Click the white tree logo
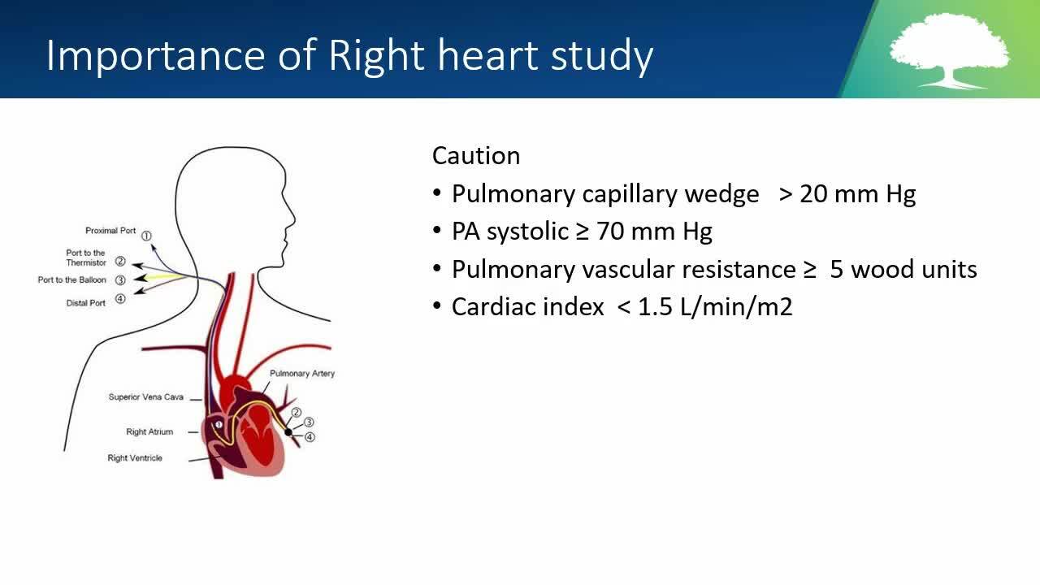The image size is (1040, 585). pos(950,51)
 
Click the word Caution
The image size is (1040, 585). pos(476,155)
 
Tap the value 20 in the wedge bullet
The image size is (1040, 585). pos(813,193)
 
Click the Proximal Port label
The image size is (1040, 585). pos(110,231)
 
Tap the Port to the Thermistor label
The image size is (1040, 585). pos(86,258)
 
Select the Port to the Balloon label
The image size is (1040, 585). pos(72,280)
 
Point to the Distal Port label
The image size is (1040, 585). pos(86,303)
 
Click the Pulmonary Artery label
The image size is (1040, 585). pos(302,374)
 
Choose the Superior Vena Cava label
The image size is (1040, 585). pos(145,397)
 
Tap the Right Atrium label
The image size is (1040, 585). pos(149,431)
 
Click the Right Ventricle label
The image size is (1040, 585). pos(135,458)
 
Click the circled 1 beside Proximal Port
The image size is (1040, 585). pos(146,236)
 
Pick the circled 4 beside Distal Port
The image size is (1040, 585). pos(120,299)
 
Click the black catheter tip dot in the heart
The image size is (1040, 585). pos(288,433)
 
